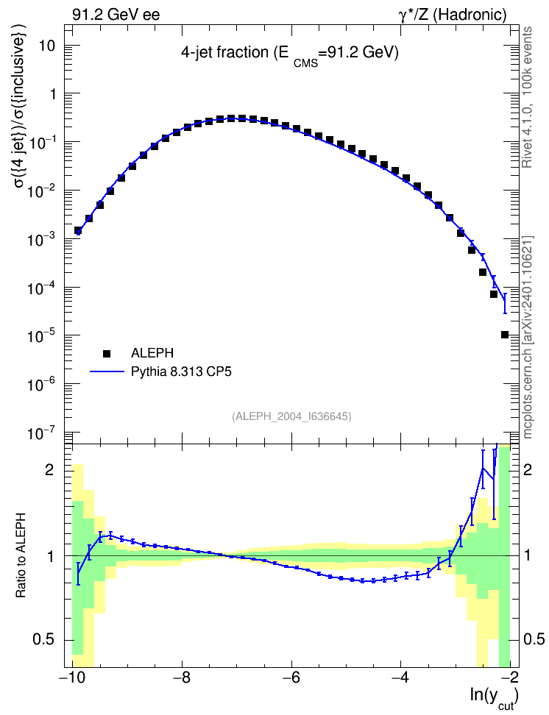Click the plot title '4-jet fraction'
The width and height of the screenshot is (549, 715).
point(224,52)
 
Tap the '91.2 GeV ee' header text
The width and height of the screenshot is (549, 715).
point(116,15)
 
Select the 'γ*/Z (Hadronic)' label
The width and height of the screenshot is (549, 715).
point(453,15)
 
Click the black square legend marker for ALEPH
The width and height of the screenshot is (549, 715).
point(107,353)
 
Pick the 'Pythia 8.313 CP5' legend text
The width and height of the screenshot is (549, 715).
point(181,371)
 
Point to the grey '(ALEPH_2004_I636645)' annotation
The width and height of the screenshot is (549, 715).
point(291,416)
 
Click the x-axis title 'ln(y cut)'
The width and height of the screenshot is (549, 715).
point(495,697)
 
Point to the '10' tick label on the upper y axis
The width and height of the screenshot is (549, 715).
point(47,46)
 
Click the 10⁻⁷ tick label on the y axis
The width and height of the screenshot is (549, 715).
point(43,432)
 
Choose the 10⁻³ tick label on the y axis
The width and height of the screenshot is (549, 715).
point(43,238)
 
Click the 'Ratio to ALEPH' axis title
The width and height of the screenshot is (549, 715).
point(21,555)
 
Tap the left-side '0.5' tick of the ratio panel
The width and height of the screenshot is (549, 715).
point(44,640)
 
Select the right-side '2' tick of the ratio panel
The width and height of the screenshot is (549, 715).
point(527,469)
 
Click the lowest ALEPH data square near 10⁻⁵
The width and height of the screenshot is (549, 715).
point(504,335)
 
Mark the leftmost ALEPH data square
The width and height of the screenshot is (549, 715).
point(78,230)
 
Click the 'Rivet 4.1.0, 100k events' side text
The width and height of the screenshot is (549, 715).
point(527,97)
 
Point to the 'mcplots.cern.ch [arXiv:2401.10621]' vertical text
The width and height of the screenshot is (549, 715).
point(528,338)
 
